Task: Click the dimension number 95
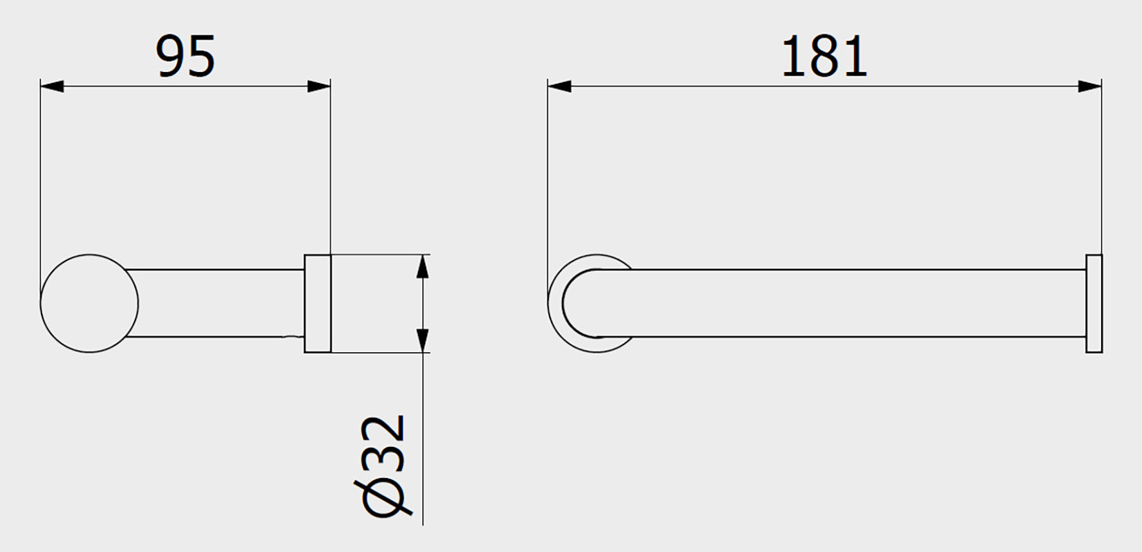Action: (185, 57)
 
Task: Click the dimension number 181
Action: (824, 57)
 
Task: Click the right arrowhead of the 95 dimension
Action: (318, 86)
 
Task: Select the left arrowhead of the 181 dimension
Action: (559, 86)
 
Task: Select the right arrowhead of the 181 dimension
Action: (1089, 86)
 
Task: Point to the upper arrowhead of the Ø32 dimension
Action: (423, 267)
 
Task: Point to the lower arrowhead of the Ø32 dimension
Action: (423, 340)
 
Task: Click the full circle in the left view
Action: (89, 303)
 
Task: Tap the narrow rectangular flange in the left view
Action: (317, 304)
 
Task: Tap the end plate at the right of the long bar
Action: (1094, 304)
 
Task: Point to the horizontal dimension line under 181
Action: (824, 86)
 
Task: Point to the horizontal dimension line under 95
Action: (185, 86)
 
